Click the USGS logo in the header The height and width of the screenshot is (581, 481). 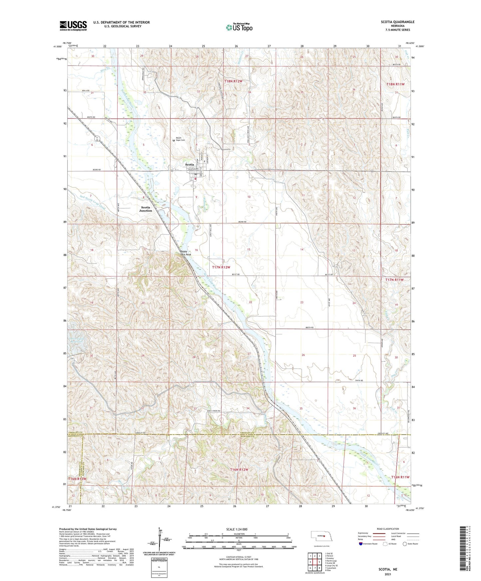click(73, 26)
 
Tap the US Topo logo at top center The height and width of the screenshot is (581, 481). click(239, 27)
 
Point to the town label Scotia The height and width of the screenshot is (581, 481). click(189, 164)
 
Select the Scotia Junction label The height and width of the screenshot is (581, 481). click(145, 209)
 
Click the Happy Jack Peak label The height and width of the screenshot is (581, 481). click(186, 253)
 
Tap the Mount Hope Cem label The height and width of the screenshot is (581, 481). click(180, 139)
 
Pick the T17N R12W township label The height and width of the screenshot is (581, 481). click(221, 267)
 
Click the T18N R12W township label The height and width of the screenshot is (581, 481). click(233, 81)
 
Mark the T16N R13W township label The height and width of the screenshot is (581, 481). click(77, 479)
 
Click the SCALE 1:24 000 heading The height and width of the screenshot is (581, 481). click(239, 529)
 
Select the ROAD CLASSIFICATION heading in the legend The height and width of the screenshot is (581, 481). click(388, 529)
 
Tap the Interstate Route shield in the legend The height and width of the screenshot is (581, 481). click(361, 544)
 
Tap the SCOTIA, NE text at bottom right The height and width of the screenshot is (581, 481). click(388, 569)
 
